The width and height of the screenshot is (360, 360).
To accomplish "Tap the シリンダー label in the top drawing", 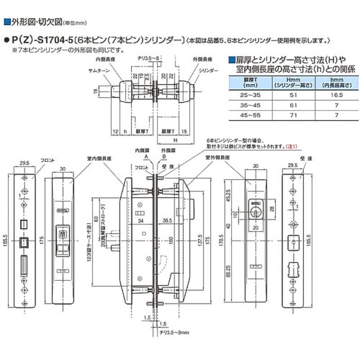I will pos(209,71).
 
